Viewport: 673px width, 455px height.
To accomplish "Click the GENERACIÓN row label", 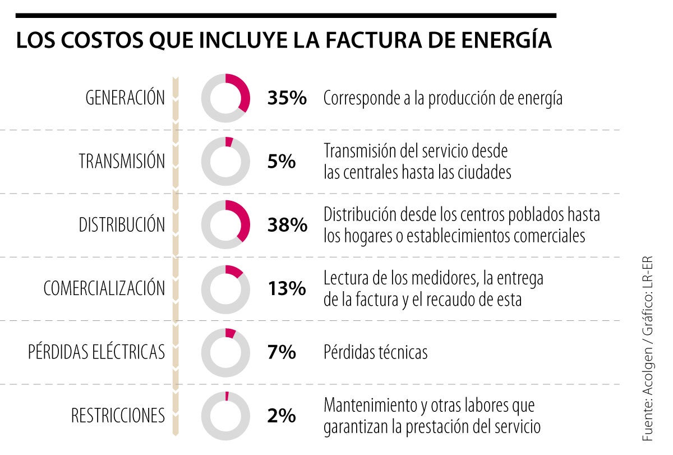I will [x=125, y=98].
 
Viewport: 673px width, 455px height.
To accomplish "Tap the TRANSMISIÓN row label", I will [x=122, y=162].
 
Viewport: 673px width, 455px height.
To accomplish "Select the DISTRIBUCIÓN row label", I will [x=122, y=225].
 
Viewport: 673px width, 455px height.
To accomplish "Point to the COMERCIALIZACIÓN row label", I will [x=104, y=289].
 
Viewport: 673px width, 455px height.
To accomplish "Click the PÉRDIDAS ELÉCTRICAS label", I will [x=96, y=352].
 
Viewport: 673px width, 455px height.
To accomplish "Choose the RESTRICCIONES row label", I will [x=118, y=416].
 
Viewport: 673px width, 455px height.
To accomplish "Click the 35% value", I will [x=287, y=98].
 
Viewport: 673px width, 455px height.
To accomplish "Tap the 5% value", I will [x=282, y=162].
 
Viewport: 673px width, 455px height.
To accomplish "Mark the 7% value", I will [x=282, y=352].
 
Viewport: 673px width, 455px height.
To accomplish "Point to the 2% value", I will [x=282, y=416].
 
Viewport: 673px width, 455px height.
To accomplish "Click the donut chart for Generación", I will [x=225, y=98].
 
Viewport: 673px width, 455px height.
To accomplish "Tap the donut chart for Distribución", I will [x=225, y=225].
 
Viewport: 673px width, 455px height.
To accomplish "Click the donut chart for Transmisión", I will [x=225, y=162].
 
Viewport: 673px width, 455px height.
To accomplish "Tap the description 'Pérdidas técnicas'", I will [x=375, y=352].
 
